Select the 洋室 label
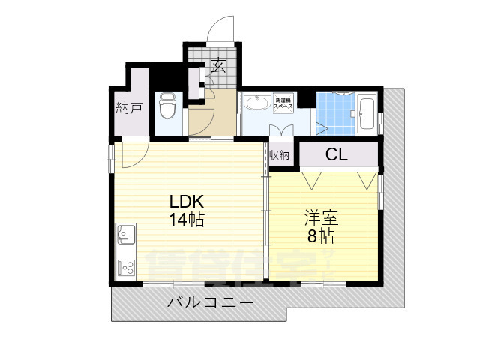click(321, 219)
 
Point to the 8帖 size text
click(321, 236)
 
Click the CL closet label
click(336, 155)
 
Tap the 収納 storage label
click(279, 155)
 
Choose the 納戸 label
click(129, 109)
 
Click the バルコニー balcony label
click(210, 303)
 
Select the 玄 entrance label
click(219, 66)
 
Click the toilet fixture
click(167, 107)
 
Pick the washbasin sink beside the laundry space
click(257, 103)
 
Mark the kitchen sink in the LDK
click(125, 235)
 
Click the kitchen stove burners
click(125, 268)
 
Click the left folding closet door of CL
click(313, 179)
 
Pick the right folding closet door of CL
click(367, 179)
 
